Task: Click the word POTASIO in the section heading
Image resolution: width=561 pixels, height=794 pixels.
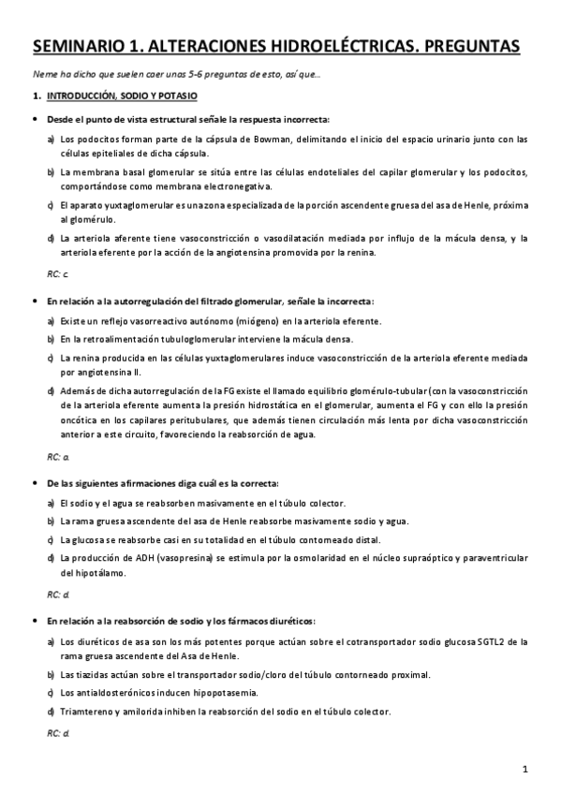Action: click(x=175, y=96)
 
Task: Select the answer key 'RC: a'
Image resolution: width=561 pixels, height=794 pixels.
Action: click(x=57, y=457)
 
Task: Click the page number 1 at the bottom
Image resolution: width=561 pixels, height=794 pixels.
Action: click(x=526, y=770)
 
